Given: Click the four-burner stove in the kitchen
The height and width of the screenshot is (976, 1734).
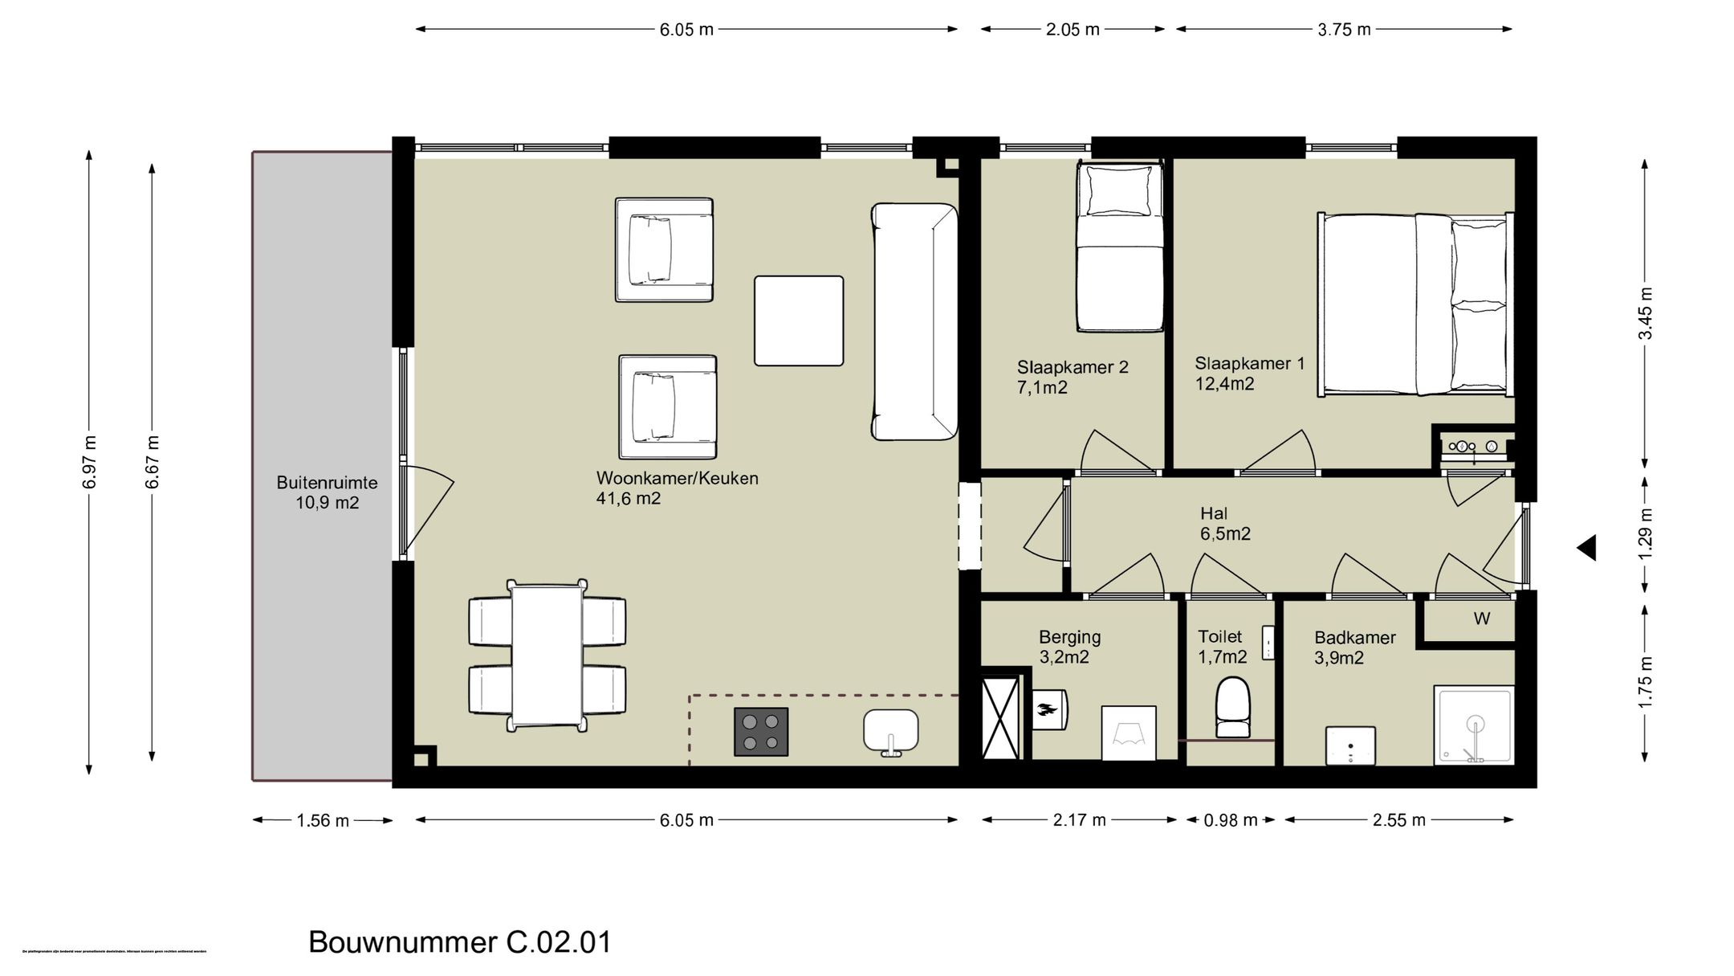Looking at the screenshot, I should (x=761, y=732).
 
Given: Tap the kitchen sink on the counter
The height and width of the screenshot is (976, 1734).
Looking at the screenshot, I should (x=890, y=730).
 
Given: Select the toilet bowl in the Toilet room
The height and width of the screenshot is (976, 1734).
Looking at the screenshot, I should (x=1233, y=707).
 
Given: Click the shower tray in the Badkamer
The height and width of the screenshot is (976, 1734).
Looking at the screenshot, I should (x=1474, y=725).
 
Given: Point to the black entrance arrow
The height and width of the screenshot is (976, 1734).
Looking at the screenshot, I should (x=1586, y=549).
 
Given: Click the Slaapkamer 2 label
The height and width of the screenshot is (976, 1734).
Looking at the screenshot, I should (x=1073, y=367).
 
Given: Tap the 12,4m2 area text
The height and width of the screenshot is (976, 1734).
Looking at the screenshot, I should (x=1224, y=385).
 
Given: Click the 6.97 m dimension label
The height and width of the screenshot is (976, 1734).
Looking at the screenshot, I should (x=89, y=462).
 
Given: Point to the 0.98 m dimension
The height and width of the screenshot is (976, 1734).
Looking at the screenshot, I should (x=1231, y=820).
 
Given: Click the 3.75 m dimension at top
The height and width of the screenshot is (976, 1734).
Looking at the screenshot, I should (x=1344, y=30).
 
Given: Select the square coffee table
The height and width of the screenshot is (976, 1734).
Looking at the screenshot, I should (x=799, y=321).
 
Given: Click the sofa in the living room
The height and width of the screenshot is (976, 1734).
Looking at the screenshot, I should (x=914, y=321).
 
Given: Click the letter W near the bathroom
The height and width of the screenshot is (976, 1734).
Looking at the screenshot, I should (x=1482, y=619).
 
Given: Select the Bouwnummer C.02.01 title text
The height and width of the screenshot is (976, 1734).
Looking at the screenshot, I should (x=460, y=942).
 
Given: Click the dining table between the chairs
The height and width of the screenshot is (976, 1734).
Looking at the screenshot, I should (x=547, y=655).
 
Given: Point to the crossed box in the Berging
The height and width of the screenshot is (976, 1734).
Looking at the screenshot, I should (x=1001, y=717).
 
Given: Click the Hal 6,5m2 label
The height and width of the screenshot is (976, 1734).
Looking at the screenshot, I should (x=1224, y=524).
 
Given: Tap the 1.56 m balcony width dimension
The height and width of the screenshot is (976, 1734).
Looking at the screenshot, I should (x=323, y=821).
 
